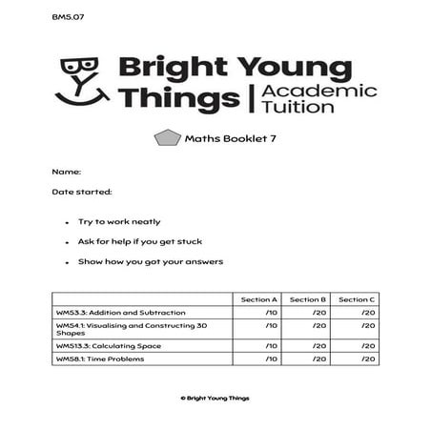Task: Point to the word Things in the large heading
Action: coord(167,101)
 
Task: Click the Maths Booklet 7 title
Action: coord(228,137)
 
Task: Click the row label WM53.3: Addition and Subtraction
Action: coord(122,312)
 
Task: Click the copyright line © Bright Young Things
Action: coord(215,398)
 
